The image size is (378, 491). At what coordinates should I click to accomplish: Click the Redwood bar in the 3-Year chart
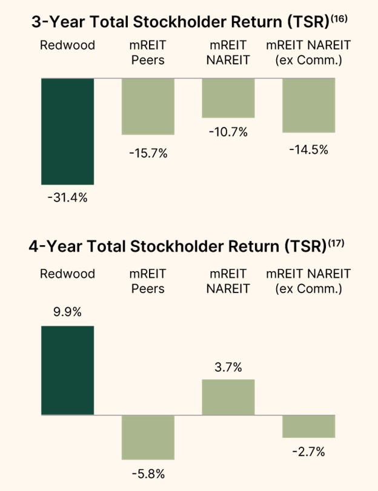point(68,131)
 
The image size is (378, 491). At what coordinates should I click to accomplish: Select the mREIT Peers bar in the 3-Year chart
point(148,107)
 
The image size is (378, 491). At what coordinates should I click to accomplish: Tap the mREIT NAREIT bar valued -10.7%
point(228,97)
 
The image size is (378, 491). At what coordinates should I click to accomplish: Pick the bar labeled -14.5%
point(309,105)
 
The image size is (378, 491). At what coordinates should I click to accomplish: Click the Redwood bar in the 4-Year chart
point(68,371)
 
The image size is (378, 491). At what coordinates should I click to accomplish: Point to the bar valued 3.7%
point(228,397)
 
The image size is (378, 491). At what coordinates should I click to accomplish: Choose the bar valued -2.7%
point(309,426)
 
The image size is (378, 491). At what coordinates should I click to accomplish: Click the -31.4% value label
point(67,197)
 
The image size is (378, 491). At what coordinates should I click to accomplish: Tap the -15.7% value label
point(148,153)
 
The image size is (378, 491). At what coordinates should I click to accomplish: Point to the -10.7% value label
point(228,132)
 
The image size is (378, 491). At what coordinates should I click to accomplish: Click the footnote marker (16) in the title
point(339,19)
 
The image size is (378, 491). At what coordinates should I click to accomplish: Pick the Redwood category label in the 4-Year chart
point(67,274)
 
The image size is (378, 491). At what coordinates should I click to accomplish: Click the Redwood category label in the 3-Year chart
point(67,46)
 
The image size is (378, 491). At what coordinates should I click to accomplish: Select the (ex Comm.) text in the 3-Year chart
point(309,61)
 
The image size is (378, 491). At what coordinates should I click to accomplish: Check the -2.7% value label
point(309,451)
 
